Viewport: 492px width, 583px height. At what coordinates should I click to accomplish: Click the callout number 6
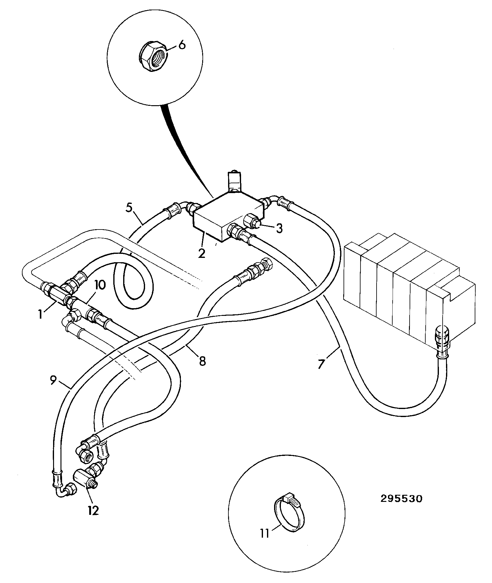pyautogui.click(x=182, y=45)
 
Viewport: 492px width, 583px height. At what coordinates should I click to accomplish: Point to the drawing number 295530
pyautogui.click(x=401, y=499)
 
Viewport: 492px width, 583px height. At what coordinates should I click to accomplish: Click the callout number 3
pyautogui.click(x=279, y=229)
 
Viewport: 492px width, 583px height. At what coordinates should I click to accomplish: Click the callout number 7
pyautogui.click(x=321, y=364)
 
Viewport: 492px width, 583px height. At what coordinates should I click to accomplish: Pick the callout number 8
pyautogui.click(x=202, y=361)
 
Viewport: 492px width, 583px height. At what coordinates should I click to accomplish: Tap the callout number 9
pyautogui.click(x=53, y=380)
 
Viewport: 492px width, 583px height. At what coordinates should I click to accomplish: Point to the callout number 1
pyautogui.click(x=40, y=314)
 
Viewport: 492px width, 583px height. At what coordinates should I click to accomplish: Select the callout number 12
pyautogui.click(x=93, y=511)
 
